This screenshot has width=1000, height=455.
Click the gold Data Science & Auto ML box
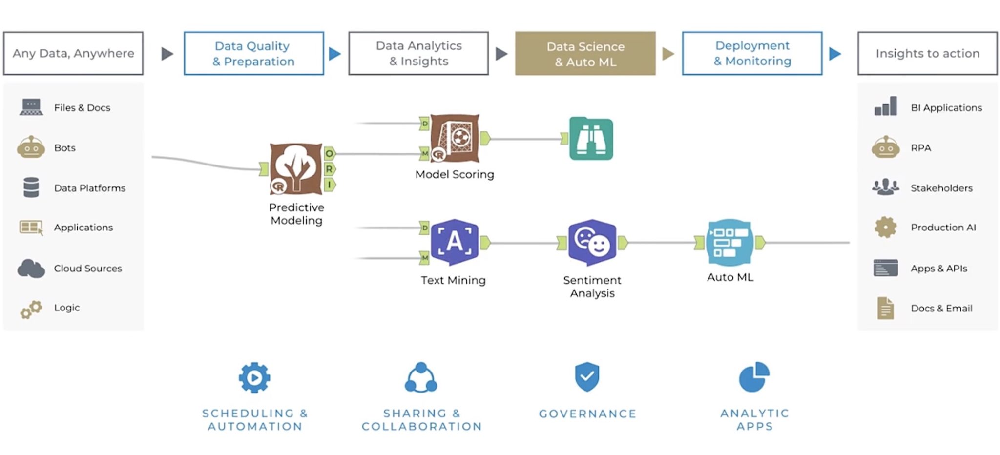tap(585, 54)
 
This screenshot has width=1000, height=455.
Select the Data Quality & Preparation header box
tap(253, 54)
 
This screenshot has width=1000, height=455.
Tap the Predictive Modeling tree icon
tap(295, 168)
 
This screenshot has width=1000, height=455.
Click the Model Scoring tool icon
tap(455, 139)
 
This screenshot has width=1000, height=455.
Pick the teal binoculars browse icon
tap(591, 139)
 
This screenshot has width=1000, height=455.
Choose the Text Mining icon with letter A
tap(454, 242)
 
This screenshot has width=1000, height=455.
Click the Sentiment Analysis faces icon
tap(592, 242)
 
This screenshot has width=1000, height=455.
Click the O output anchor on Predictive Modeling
tap(330, 154)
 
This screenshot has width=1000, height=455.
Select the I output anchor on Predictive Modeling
tap(330, 185)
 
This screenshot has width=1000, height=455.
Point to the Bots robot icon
tap(31, 147)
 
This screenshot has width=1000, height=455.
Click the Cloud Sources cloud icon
tap(31, 268)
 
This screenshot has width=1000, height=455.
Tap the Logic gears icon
tap(31, 309)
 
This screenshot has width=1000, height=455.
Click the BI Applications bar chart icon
tap(885, 106)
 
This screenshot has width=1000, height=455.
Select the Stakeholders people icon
tap(885, 187)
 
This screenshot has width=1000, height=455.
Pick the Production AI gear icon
tap(885, 227)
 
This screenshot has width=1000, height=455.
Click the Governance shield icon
tap(587, 376)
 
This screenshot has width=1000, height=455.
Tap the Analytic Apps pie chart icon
tap(754, 377)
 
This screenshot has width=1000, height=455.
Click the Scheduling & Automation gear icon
tap(254, 377)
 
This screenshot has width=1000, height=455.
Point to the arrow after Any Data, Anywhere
tap(167, 54)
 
